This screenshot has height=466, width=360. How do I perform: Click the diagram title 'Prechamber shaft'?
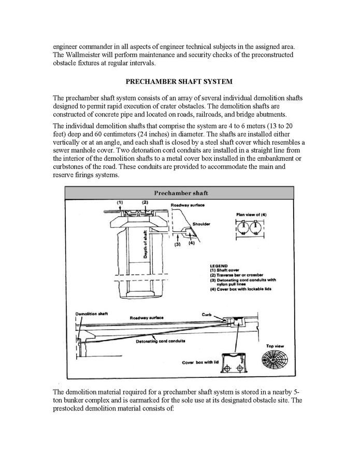click(179, 193)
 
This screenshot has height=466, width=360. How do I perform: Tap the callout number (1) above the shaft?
click(119, 202)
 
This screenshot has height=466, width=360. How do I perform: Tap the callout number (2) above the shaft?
click(146, 202)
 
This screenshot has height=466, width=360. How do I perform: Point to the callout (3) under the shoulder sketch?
click(177, 244)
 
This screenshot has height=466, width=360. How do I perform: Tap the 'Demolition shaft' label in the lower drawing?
click(91, 314)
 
